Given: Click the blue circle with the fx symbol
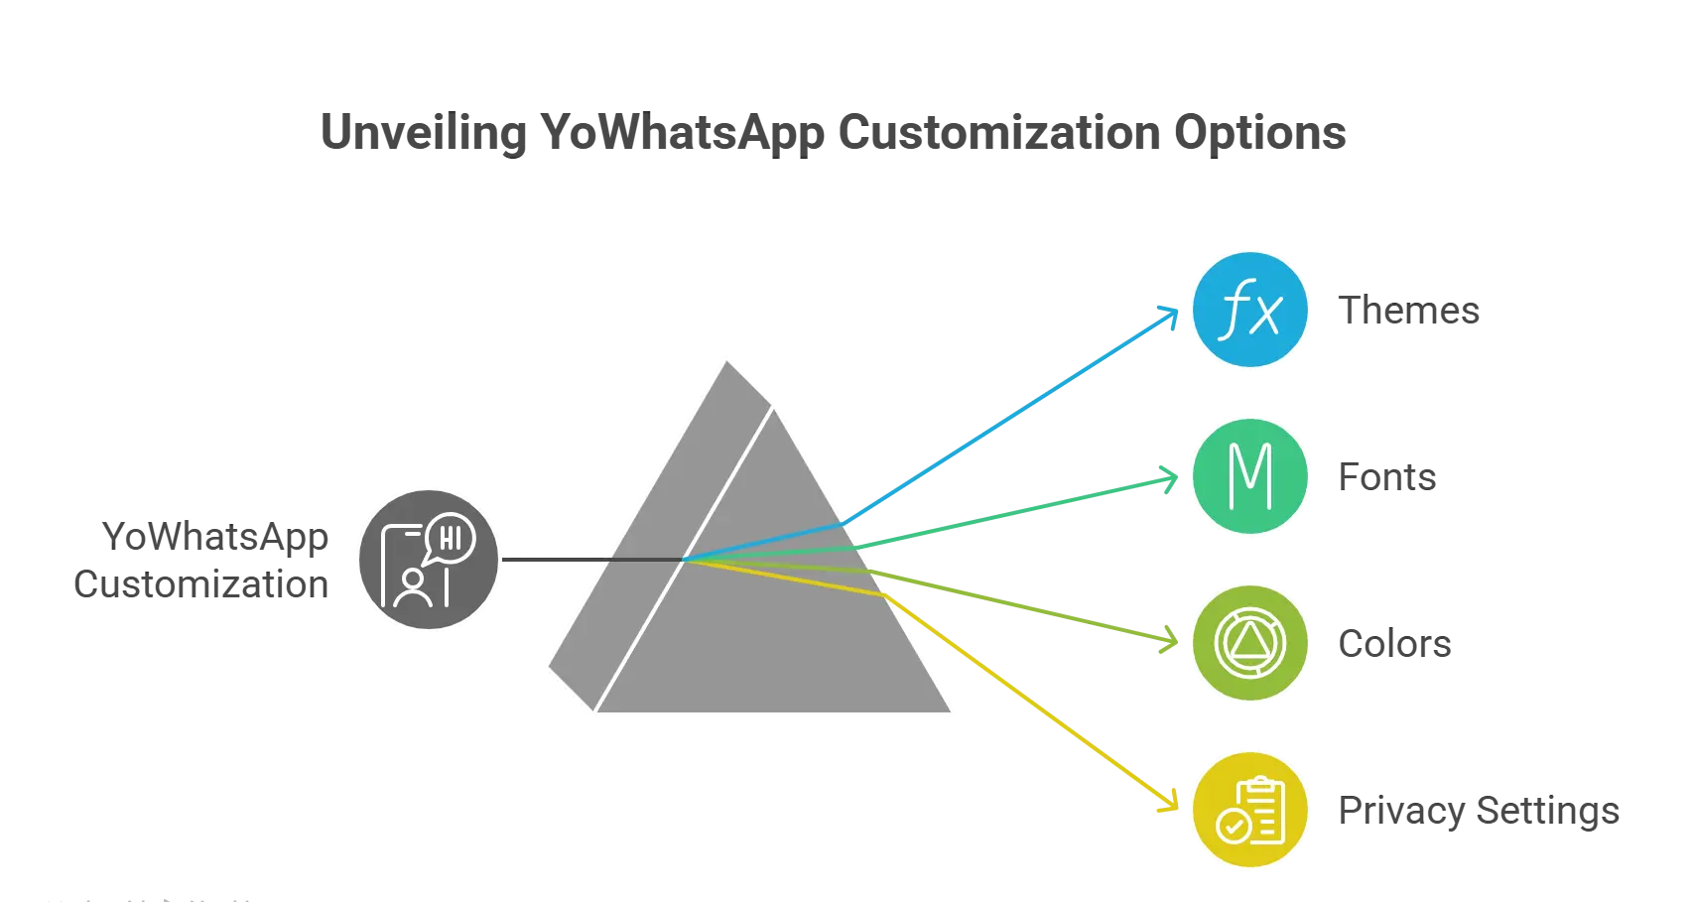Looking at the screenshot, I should pos(1250,311).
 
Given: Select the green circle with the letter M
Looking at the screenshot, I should pos(1250,477).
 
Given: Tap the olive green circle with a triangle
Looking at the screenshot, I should pos(1250,644).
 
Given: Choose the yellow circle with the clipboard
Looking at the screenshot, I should pos(1250,811).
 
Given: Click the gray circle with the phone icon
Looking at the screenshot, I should pos(429,560).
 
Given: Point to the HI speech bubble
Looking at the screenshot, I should pos(450,538).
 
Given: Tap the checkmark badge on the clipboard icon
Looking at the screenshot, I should pos(1234,826).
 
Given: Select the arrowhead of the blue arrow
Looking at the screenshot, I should pos(1172,314).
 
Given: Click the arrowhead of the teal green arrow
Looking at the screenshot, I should pos(1172,480).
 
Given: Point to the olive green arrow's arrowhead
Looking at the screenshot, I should pos(1172,640).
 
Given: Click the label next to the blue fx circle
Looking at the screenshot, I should pos(1409,312).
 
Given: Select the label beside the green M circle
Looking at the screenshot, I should pos(1385,478).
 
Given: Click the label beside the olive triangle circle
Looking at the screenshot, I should pos(1392,645).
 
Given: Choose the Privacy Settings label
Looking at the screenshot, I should pos(1477,812).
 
